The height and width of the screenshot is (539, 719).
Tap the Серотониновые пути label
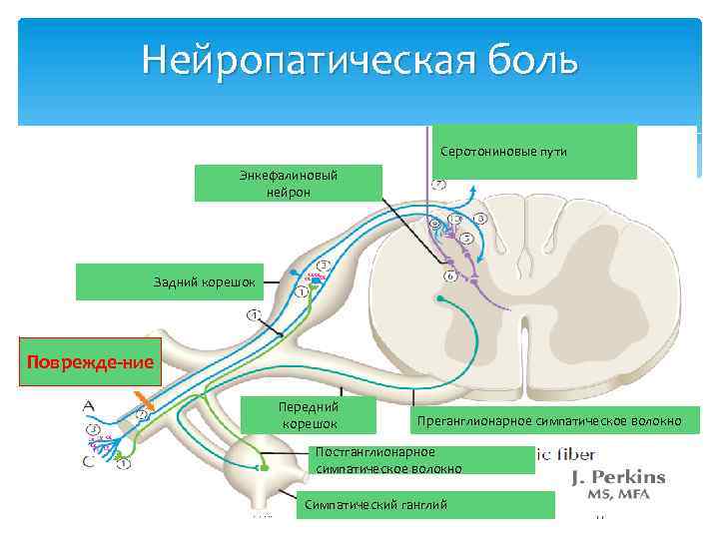tap(535, 151)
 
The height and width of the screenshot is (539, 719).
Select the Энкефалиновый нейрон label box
tap(289, 183)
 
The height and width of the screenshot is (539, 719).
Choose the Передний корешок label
tap(310, 416)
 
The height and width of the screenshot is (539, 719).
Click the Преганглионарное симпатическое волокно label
tap(549, 420)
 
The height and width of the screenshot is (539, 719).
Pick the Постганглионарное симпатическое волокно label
tap(389, 459)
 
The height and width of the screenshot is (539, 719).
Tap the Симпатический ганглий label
tap(375, 504)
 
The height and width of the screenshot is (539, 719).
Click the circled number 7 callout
tap(439, 185)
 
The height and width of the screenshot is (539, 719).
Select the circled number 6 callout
tap(450, 274)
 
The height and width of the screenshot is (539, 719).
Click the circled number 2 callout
tap(141, 414)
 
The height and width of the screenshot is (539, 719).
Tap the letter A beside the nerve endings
tap(89, 406)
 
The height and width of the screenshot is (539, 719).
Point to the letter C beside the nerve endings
tap(89, 462)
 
